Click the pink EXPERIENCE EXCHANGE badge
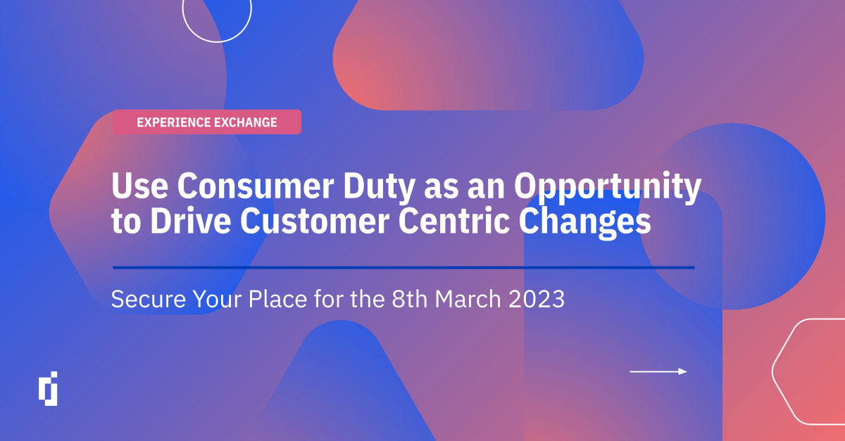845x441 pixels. (207, 122)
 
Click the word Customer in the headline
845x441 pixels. (313, 222)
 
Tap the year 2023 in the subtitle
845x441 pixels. (542, 300)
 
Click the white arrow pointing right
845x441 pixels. (658, 371)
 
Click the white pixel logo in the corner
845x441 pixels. (48, 388)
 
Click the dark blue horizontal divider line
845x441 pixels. (403, 267)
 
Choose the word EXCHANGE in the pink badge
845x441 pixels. (246, 122)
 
